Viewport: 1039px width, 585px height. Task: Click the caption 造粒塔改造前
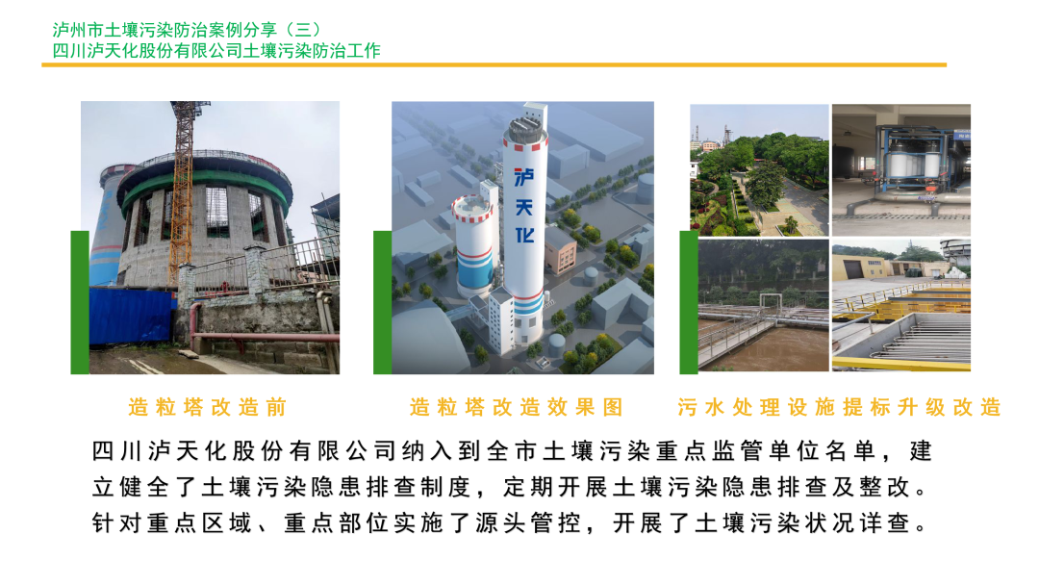[208, 407]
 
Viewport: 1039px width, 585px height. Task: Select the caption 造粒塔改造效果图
[517, 407]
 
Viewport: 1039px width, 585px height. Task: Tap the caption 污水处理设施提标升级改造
[839, 407]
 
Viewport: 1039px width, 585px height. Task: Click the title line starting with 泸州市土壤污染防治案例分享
[187, 30]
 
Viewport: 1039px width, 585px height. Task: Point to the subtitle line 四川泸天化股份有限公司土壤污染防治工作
[216, 51]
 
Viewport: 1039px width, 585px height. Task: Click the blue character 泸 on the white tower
[524, 177]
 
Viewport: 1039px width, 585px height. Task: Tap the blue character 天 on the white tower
[524, 208]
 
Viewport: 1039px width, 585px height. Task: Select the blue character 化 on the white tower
[525, 235]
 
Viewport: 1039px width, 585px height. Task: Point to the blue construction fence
[133, 316]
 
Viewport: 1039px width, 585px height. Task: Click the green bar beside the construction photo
[80, 302]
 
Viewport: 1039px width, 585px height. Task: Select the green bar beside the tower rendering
[382, 302]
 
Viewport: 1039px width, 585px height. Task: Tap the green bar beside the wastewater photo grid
[689, 302]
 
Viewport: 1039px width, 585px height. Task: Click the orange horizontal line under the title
[494, 64]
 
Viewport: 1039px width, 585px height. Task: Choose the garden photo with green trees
[759, 169]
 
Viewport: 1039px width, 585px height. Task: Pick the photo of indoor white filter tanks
[901, 169]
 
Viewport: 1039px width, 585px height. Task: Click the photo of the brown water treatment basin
[763, 305]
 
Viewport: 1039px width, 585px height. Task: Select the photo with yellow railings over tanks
[901, 305]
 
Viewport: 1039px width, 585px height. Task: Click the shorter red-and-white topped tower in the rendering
[473, 245]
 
